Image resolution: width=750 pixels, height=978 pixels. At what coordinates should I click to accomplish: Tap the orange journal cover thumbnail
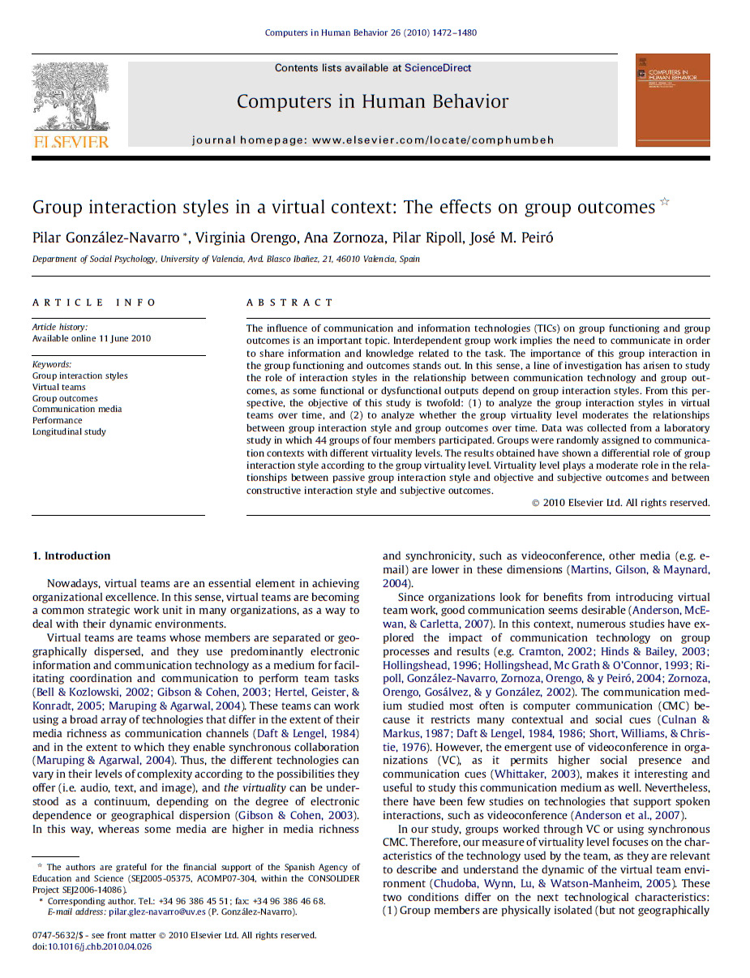coord(672,100)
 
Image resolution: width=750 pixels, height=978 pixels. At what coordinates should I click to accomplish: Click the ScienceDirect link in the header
coord(437,68)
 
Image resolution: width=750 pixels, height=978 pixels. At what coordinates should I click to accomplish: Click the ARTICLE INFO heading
coord(94,302)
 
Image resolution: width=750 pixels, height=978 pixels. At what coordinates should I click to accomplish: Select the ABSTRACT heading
coord(289,302)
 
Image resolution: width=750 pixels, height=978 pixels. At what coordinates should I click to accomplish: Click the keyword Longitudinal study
coord(69,431)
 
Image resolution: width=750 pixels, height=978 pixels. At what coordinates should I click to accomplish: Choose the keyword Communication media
coord(77,409)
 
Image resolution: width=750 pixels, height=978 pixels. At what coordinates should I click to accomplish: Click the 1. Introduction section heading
coord(71,555)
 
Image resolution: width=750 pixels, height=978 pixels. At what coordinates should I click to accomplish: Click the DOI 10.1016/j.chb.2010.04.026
coord(100,946)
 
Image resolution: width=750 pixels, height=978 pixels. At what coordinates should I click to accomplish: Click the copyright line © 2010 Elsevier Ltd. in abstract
coord(620,503)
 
